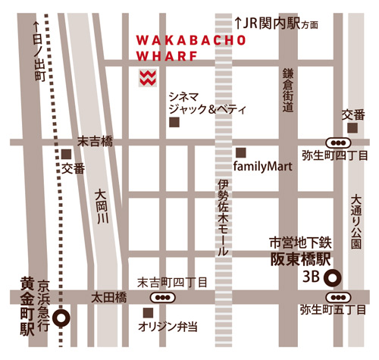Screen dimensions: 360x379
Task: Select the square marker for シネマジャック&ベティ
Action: click(174, 122)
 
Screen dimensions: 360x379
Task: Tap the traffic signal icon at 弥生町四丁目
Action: click(337, 142)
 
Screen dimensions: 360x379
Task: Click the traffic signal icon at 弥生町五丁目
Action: click(338, 297)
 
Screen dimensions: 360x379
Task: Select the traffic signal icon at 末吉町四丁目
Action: click(161, 297)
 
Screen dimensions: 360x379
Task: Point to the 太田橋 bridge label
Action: click(108, 296)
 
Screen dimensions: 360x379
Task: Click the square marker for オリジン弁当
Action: click(148, 312)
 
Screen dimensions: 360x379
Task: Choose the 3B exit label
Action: click(311, 277)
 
